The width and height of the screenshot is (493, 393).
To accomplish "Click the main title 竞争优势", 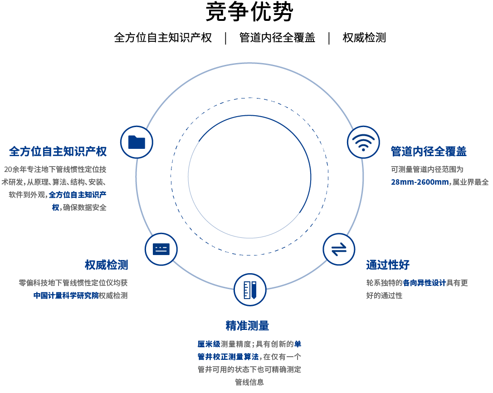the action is point(249,12).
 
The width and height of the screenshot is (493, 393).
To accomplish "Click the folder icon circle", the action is point(137,142).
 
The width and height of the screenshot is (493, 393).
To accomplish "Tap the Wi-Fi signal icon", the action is point(363,142).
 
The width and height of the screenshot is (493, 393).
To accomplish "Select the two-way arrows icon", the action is point(339,249).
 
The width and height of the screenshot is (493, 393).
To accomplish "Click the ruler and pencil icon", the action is point(250,290).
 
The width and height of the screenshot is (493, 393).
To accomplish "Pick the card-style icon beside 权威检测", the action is point(161,249).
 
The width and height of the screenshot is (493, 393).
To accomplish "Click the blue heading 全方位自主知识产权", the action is point(58,152).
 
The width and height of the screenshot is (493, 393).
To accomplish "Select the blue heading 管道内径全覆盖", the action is point(429,152).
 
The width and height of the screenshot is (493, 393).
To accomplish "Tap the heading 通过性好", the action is point(388,265).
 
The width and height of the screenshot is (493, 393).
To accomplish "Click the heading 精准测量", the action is point(248,326).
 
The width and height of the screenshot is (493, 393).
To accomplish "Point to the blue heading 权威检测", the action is point(106,265).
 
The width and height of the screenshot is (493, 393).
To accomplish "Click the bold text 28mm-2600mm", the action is point(420,182).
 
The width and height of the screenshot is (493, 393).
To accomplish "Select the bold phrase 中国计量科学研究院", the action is point(66,295).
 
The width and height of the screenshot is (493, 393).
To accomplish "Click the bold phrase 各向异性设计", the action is point(425,283).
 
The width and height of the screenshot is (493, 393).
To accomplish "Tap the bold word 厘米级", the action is point(209,344).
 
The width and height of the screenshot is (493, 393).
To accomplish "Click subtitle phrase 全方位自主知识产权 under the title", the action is point(163,38).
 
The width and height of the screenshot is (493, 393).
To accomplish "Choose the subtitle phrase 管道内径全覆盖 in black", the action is point(277,38).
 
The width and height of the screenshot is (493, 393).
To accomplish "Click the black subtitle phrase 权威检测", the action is point(364,38).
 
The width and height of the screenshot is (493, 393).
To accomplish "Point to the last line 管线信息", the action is point(249,382).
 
